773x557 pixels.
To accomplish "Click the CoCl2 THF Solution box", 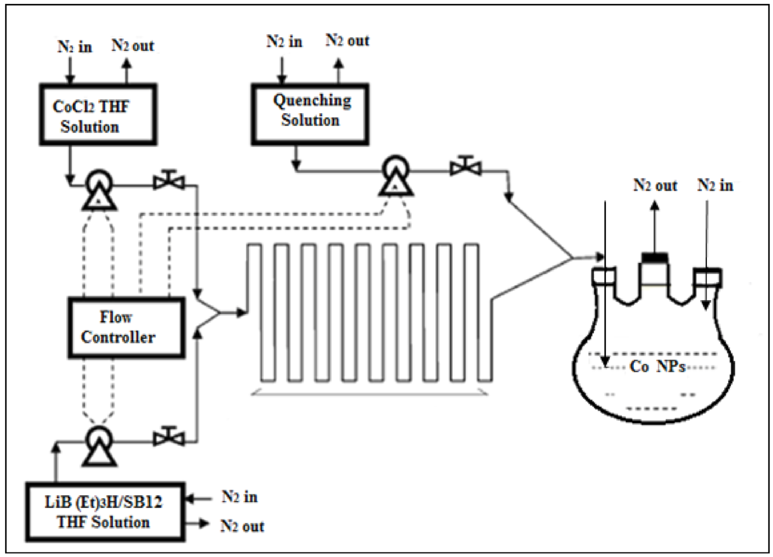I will point(97,115).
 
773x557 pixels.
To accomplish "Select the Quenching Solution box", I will point(309,115).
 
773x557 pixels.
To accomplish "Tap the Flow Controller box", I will point(126,328).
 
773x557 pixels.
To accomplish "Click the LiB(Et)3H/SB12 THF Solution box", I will point(105,512).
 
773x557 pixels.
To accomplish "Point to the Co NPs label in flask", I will point(657,367).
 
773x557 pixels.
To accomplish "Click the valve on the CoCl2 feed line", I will point(169,181).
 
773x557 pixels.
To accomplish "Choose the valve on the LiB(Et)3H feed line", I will point(169,437).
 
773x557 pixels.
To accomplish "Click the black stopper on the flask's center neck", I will point(656,257).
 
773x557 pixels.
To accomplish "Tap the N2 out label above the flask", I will point(655,185).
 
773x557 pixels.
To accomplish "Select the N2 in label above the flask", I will point(715,185).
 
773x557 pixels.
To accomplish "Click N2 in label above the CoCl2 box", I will point(75,47).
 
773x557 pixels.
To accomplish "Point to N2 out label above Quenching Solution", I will point(347,41).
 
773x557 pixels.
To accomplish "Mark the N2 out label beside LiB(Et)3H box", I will point(242,526).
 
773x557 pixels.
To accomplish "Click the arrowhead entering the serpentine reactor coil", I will point(242,313).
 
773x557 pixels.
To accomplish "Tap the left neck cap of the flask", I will point(604,276).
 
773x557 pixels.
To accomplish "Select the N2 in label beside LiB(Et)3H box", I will point(239,496).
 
